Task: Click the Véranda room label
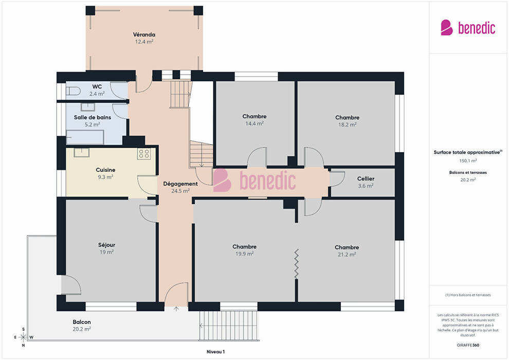coord(144,34)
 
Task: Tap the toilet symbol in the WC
coord(73,91)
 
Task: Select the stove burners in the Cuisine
coord(144,154)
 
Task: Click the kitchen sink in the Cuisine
coord(81,152)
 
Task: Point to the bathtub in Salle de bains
coord(85,137)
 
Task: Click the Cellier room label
coord(366,178)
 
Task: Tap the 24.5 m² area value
coord(180,191)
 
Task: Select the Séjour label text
coord(106,245)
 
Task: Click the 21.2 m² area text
coord(347,255)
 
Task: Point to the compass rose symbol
coord(23,337)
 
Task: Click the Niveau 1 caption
coord(215,352)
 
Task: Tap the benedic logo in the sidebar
coord(468,28)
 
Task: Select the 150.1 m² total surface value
coord(468,160)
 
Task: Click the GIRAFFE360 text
coord(468,345)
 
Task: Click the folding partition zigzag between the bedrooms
coord(296,264)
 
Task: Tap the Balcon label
coord(82,322)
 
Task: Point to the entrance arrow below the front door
coord(176,309)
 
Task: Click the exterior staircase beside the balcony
coord(229,326)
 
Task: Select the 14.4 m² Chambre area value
coord(254,123)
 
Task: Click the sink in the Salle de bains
coord(88,107)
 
